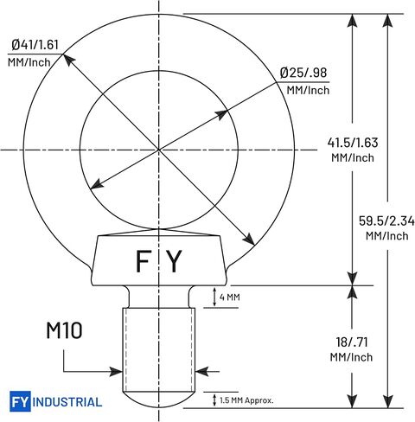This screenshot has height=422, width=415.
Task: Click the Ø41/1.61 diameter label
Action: pos(35,45)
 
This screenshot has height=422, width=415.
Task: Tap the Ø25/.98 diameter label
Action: pos(303,73)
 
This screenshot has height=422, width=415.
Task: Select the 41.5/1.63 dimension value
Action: pos(353,143)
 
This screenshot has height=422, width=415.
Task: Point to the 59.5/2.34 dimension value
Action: pos(386,221)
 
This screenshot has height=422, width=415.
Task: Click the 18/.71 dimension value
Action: pos(352,342)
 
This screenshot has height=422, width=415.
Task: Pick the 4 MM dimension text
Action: pos(229,297)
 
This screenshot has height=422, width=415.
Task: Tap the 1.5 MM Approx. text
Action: pos(246,400)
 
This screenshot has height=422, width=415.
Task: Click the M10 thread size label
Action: pos(64,330)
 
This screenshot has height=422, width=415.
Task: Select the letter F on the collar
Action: pos(144,261)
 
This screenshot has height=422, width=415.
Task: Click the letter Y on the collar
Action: pos(175,261)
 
